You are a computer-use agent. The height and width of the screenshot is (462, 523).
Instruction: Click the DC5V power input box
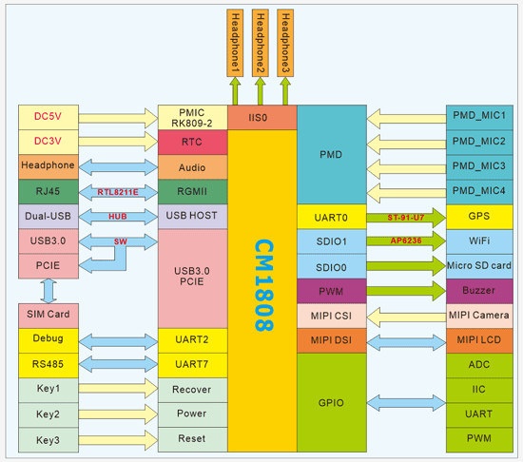coord(48,117)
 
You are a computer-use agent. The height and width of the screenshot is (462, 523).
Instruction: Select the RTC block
coord(192,142)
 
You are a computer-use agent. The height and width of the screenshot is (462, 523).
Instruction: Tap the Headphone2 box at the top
coord(261,43)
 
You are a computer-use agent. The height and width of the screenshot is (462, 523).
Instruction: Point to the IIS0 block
coord(262,117)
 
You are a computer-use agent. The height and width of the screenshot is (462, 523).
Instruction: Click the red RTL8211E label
coord(118,192)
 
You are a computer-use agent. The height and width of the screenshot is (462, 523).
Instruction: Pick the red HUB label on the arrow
coord(118,217)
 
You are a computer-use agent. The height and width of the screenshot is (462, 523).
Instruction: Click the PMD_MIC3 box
coord(479,166)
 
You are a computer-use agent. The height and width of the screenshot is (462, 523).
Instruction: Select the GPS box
coord(479,217)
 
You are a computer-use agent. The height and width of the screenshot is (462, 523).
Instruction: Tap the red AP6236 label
coord(406,241)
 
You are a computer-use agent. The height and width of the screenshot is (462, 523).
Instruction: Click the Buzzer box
coord(479,291)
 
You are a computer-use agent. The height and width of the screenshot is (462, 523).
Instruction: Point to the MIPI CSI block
coord(332,316)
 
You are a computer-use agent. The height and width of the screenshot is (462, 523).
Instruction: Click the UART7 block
coord(192,365)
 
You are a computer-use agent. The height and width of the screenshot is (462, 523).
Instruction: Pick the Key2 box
coord(48,414)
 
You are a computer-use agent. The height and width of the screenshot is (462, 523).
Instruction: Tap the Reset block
coord(192,439)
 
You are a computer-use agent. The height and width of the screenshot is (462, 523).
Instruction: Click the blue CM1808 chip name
coord(264,285)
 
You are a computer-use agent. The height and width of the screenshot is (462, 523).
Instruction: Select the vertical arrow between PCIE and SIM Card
coord(48,291)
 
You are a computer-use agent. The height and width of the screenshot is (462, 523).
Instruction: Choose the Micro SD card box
coord(479,266)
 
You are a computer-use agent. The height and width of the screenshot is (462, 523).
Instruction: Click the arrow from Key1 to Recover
coord(118,389)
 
